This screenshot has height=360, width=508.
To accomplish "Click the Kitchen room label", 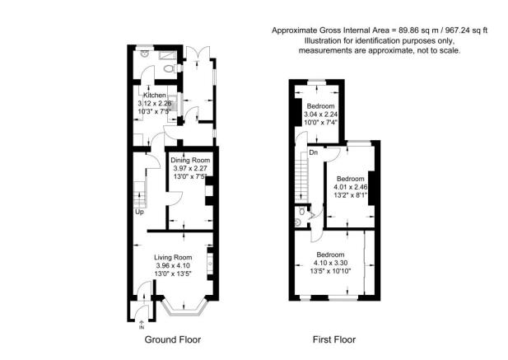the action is tap(155, 96).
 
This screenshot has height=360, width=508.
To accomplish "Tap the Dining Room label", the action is tap(190, 160).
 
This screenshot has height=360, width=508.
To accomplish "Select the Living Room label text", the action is tap(173, 258).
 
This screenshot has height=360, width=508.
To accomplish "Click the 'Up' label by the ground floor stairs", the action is tap(139, 213).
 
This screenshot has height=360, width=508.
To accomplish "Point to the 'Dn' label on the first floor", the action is tap(314, 152).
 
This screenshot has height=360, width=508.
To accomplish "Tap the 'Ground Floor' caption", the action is tap(173, 339).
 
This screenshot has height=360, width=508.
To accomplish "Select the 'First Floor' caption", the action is tap(334, 339).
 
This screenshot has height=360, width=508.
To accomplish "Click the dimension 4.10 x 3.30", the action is tap(330, 263).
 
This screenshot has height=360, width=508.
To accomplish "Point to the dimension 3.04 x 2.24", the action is tap(321, 115).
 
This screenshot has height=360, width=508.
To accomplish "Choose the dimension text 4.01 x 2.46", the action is tap(351, 187).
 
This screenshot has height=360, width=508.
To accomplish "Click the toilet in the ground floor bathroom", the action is tap(170, 68).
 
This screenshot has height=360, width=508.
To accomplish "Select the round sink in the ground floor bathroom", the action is tap(144, 54).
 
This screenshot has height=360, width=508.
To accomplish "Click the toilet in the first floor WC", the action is tap(301, 212).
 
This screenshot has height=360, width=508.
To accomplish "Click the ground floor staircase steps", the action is tap(140, 194).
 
